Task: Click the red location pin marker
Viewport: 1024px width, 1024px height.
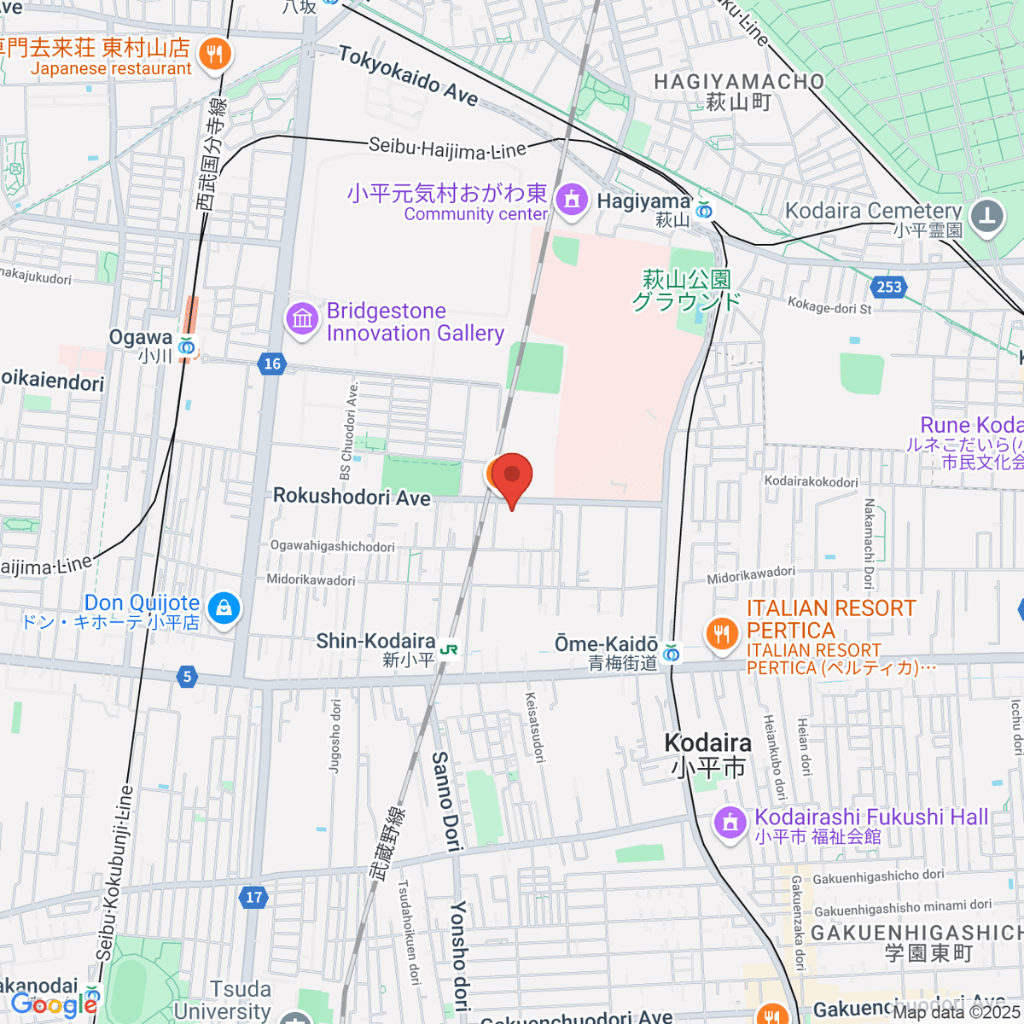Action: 512,474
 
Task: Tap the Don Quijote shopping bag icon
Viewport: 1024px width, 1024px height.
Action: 223,608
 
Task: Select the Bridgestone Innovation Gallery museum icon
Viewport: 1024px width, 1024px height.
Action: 301,320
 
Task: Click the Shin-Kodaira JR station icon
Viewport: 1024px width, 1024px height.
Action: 449,650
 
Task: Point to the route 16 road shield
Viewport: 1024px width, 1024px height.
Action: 271,364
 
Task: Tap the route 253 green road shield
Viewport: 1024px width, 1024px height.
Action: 889,287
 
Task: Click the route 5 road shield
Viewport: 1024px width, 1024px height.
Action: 187,678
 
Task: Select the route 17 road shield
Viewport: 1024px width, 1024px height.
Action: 253,897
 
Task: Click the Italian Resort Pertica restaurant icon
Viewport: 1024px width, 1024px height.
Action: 722,633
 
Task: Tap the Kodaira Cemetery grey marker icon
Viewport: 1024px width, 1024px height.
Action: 987,214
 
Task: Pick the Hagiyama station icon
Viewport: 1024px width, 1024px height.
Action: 704,210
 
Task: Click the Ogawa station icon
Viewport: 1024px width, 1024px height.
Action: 187,346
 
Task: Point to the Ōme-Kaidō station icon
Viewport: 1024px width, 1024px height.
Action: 672,654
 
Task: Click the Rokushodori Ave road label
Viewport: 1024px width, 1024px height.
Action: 352,497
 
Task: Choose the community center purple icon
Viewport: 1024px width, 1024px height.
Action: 571,201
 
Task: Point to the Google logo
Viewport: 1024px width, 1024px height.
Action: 54,1004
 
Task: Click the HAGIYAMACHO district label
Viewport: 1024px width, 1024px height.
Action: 739,82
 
